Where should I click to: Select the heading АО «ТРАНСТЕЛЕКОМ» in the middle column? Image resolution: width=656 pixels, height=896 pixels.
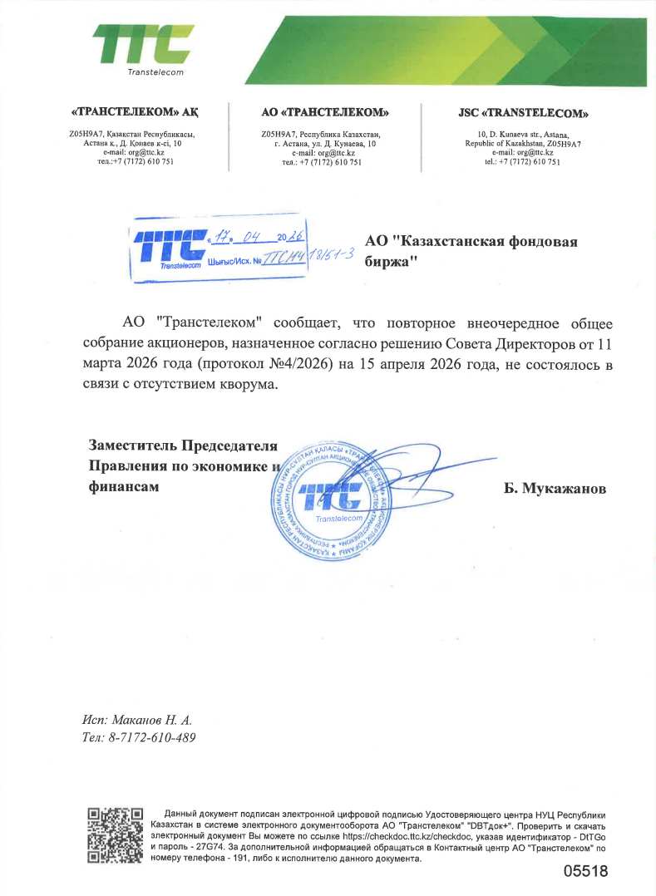coord(325,113)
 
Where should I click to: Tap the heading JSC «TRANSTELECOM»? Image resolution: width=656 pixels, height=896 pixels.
coord(523,113)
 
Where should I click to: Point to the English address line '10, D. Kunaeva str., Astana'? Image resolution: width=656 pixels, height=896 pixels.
coord(523,134)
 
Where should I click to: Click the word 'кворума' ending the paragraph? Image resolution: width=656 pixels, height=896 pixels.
coord(243,385)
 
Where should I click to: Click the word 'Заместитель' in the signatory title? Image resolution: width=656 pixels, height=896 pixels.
coord(132,445)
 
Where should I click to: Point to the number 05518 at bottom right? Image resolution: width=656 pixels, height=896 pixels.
coord(585,872)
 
